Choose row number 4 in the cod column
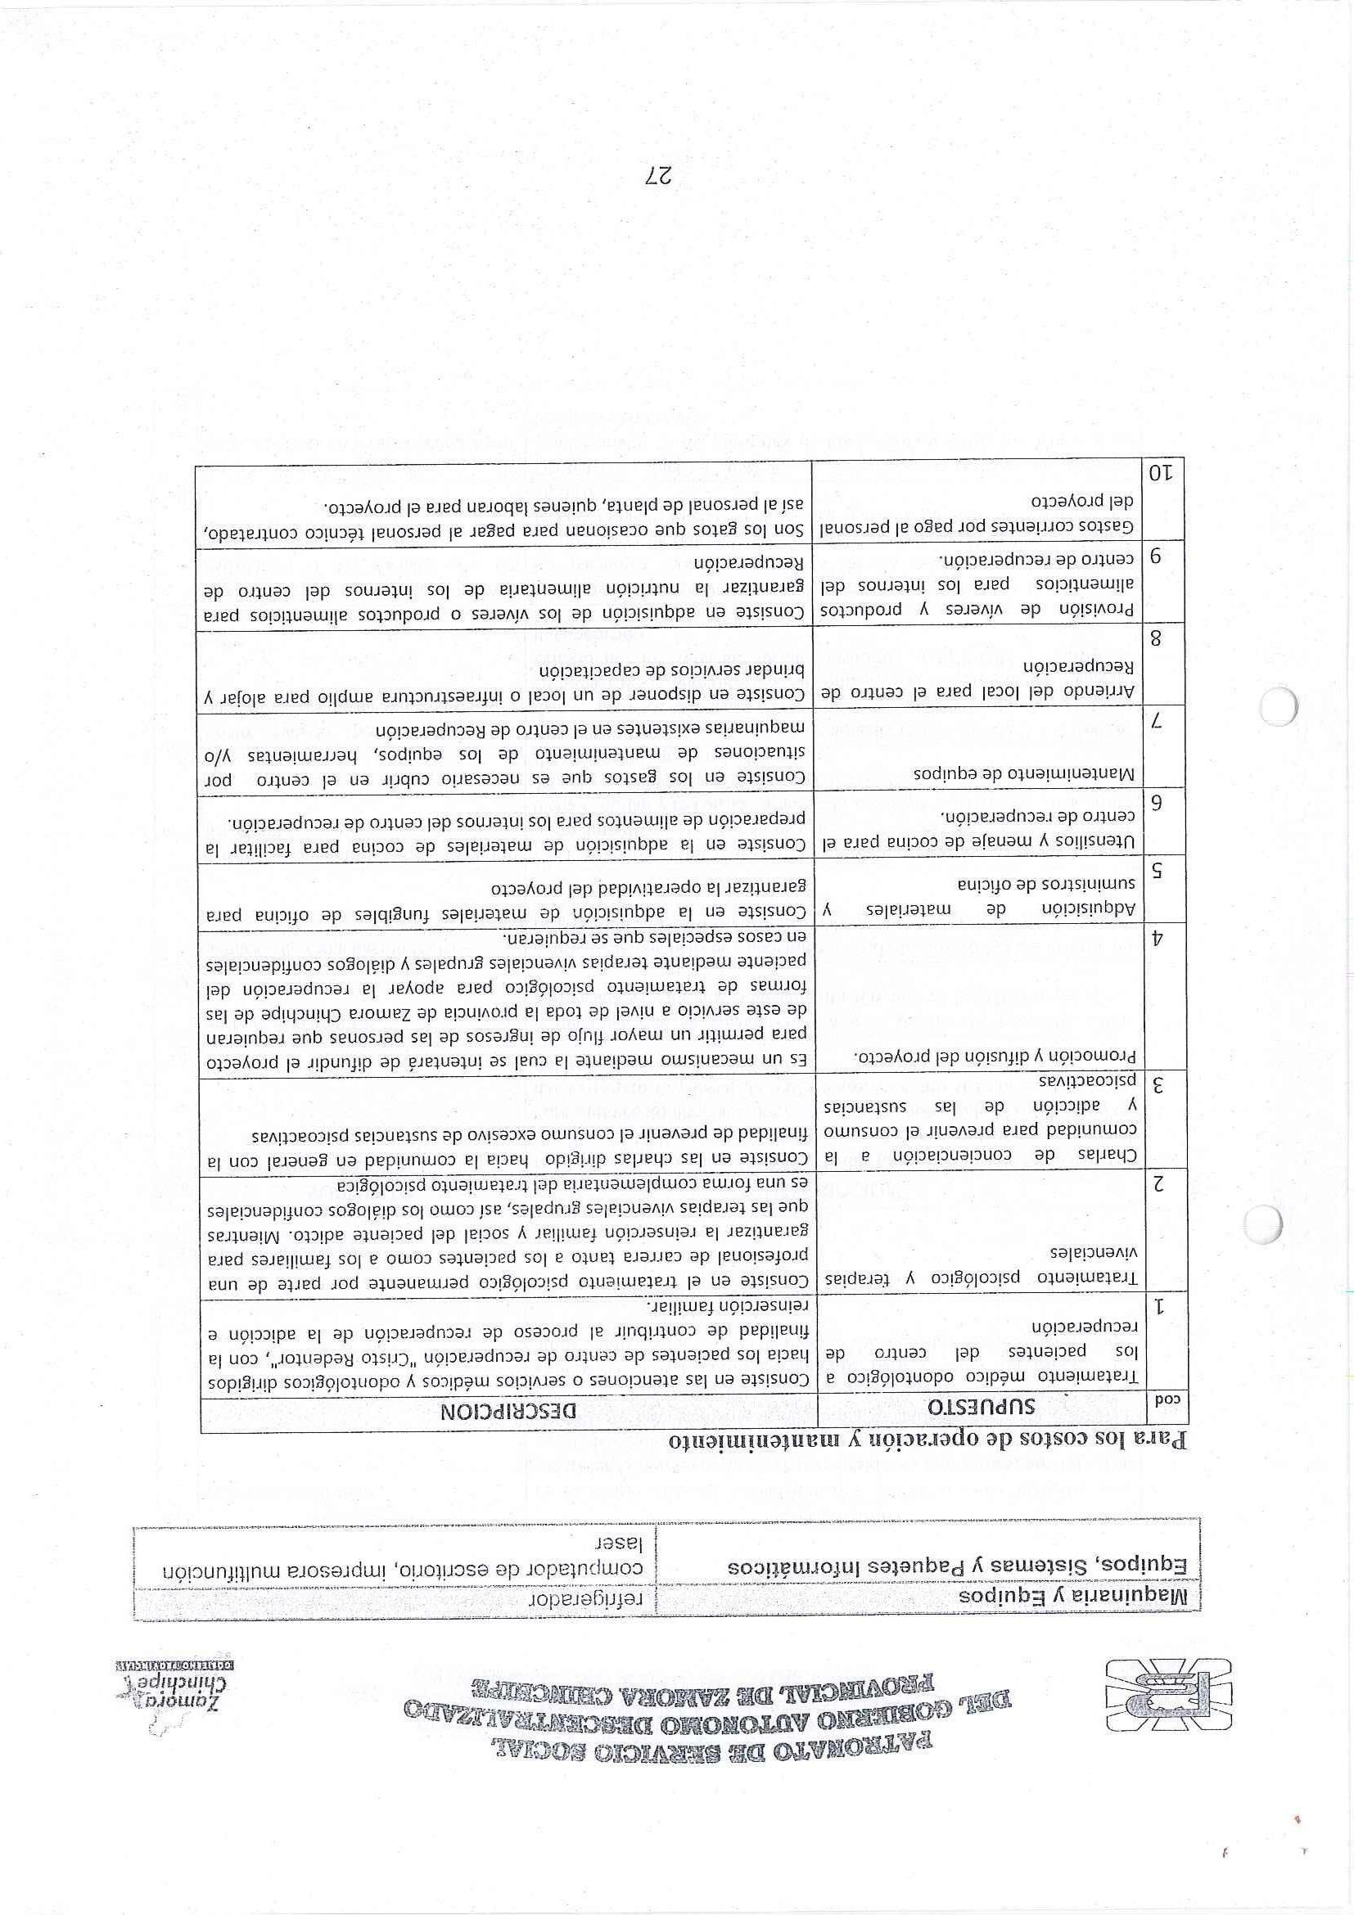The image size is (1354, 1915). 1157,937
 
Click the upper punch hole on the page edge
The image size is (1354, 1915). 1276,709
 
